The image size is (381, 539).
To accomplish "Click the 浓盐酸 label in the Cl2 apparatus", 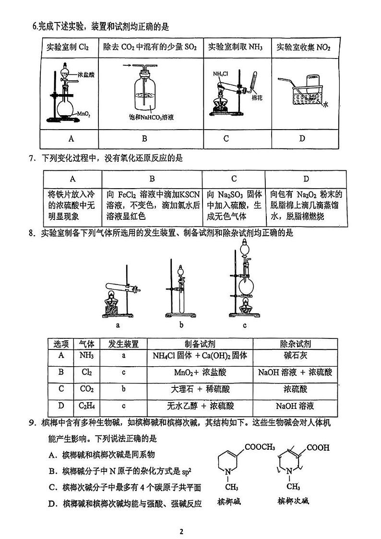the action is [x=86, y=75].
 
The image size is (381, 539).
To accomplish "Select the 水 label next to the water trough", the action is [x=325, y=104].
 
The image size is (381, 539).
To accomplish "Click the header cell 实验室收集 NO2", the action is [x=304, y=48].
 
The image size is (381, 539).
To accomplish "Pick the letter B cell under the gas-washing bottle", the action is [x=151, y=139].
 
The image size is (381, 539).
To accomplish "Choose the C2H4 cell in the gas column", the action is [x=86, y=406].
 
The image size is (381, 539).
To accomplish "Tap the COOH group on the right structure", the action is [x=318, y=448].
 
